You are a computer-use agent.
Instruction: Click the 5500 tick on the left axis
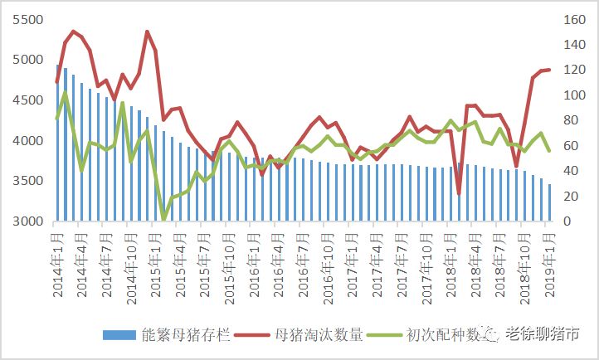(23, 19)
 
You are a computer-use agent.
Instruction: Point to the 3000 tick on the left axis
(23, 221)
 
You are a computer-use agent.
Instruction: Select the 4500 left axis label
(23, 100)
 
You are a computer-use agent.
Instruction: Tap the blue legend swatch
(119, 335)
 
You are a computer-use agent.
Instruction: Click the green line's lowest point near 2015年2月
(164, 219)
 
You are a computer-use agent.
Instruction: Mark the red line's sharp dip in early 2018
(459, 193)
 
